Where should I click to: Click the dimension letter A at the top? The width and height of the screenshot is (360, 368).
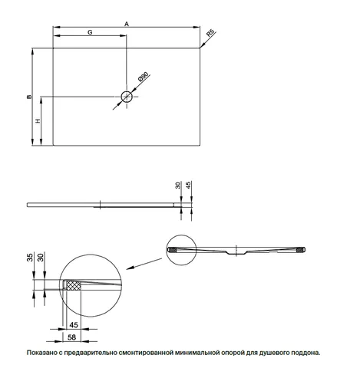[x=127, y=24]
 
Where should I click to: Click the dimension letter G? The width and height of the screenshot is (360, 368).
[x=90, y=32]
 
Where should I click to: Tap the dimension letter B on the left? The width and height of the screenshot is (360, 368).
[x=30, y=97]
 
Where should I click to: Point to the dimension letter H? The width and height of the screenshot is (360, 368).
[x=38, y=120]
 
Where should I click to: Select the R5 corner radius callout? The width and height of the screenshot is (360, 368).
[x=210, y=33]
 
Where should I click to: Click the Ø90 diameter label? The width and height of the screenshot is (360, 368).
[x=143, y=77]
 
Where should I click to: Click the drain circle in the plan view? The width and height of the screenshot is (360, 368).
[x=127, y=97]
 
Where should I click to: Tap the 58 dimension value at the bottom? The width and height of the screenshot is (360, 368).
[x=72, y=337]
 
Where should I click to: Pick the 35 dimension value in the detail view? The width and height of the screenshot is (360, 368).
[x=30, y=258]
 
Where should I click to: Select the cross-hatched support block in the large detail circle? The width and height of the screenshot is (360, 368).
[x=74, y=284]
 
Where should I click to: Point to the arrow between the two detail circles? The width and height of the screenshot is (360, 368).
[x=144, y=264]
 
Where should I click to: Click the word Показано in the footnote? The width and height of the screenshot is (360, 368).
[x=41, y=353]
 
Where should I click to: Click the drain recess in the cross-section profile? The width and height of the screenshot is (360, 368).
[x=236, y=253]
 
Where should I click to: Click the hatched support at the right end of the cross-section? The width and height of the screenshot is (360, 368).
[x=300, y=250]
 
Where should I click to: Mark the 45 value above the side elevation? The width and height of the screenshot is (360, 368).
[x=189, y=185]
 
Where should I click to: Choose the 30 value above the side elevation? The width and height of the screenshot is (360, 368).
[x=178, y=185]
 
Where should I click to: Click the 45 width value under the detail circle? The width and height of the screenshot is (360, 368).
[x=74, y=325]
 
